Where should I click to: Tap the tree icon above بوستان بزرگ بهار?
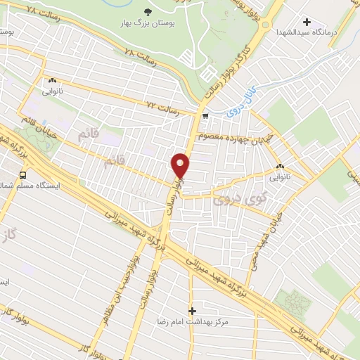147,12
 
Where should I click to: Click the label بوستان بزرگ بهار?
147,25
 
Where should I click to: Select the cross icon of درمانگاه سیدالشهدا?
306,22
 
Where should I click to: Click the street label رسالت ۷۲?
162,106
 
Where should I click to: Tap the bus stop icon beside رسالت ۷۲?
205,115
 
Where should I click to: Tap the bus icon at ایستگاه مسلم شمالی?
23,175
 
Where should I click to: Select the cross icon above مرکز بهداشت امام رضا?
193,310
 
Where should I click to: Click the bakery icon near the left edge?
52,81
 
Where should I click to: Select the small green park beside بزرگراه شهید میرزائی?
293,302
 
